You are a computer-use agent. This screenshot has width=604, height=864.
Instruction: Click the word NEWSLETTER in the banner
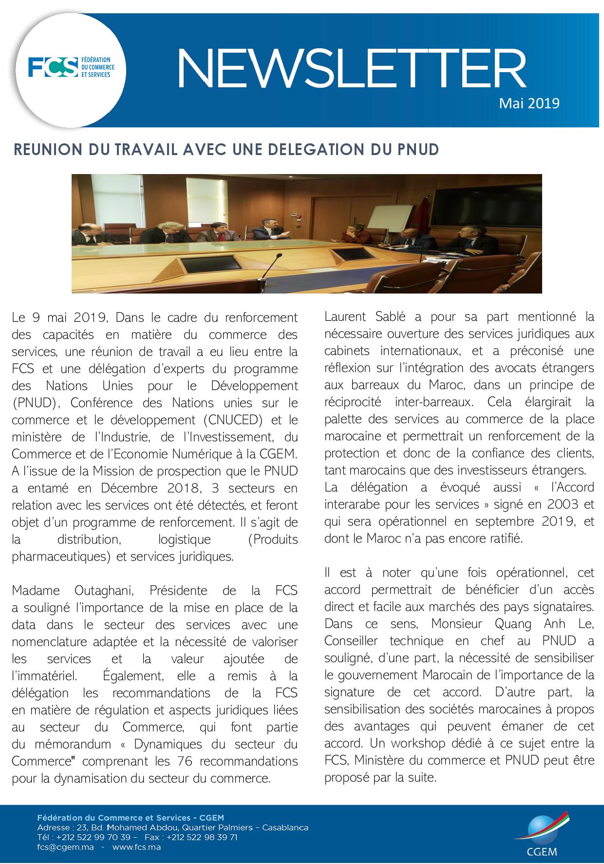point(350,68)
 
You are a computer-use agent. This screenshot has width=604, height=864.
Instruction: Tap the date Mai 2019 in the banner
point(529,103)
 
